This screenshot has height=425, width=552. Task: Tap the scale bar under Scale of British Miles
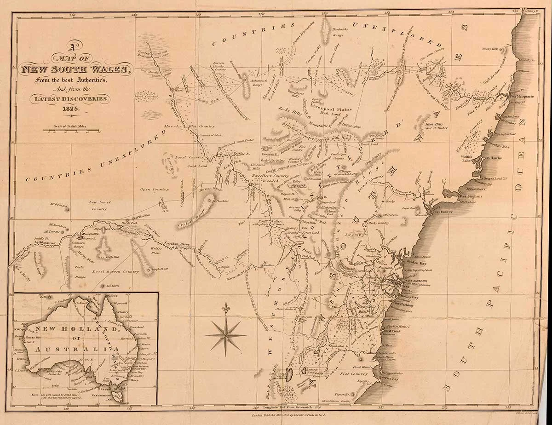pyautogui.click(x=71, y=131)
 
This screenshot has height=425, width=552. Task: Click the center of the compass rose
pyautogui.click(x=225, y=334)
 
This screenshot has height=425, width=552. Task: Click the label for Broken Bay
pyautogui.click(x=417, y=261)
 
